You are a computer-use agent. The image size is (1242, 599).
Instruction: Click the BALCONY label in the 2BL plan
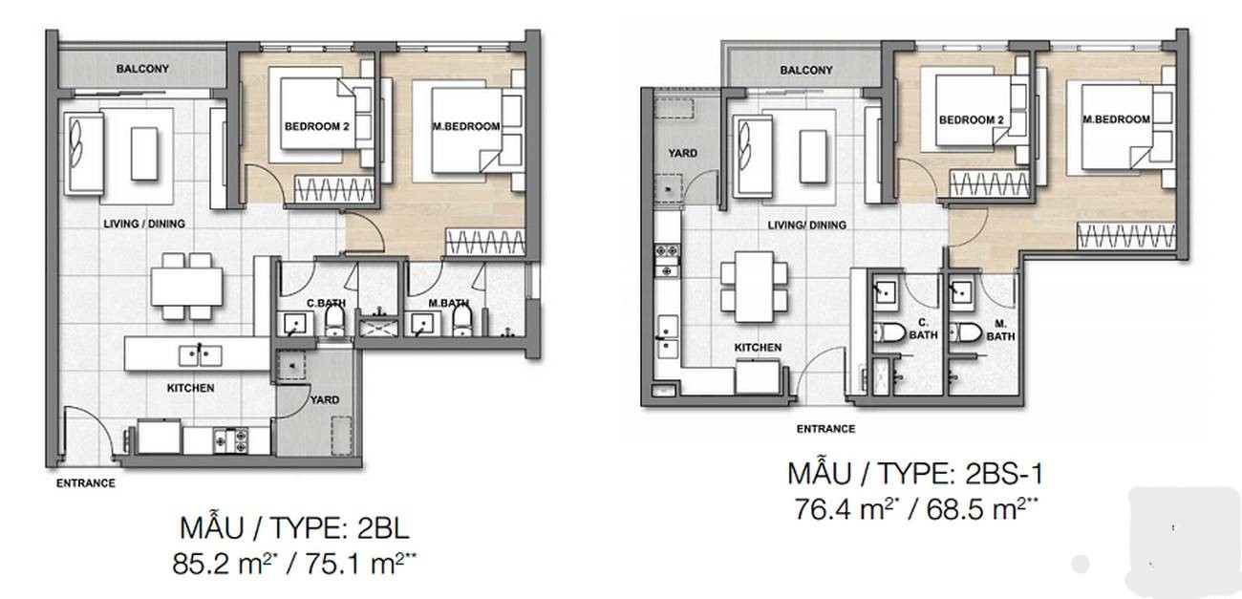(x=142, y=69)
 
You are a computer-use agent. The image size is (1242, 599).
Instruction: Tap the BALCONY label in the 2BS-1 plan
(x=806, y=71)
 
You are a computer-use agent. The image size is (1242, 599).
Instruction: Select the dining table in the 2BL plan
(x=187, y=287)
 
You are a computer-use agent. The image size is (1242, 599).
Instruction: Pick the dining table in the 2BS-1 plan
(x=754, y=287)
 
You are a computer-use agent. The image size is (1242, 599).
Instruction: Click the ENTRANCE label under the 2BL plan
(x=86, y=483)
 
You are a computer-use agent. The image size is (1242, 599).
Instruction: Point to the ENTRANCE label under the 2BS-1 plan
(x=825, y=429)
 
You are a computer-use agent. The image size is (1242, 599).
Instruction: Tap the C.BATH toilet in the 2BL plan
(x=334, y=321)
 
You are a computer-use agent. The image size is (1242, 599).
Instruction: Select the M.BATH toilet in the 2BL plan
(x=461, y=321)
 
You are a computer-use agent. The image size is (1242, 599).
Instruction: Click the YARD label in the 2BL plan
(x=325, y=400)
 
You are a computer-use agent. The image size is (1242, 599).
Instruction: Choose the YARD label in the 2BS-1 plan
(x=682, y=153)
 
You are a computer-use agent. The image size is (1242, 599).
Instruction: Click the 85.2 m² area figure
(x=229, y=564)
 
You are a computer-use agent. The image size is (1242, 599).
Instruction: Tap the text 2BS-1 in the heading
(x=1004, y=474)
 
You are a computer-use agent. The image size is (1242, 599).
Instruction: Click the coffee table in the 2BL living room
(x=144, y=154)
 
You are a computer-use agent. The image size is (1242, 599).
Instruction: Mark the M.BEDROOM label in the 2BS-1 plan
(x=1116, y=119)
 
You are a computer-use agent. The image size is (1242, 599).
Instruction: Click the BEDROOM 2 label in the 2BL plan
(x=316, y=126)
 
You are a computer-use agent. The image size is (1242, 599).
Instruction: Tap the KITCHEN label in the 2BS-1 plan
(x=758, y=348)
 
